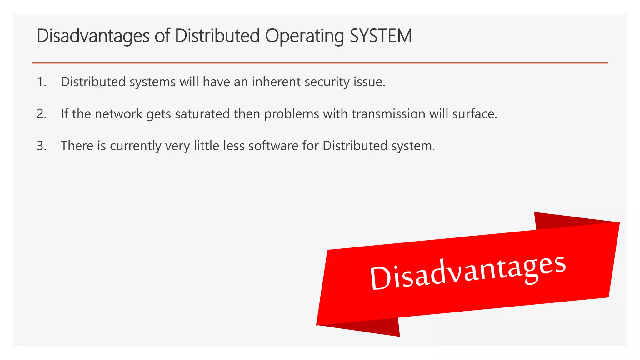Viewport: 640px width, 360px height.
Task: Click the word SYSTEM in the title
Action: [x=381, y=36]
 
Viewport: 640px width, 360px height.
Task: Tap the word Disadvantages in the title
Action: [x=93, y=36]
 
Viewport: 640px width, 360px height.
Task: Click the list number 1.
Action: [x=41, y=82]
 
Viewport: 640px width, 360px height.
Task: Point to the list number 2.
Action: [x=41, y=114]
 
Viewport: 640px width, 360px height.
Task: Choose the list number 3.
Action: [x=41, y=146]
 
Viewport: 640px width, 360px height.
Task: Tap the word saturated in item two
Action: [x=202, y=114]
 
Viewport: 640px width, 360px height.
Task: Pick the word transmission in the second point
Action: [x=388, y=114]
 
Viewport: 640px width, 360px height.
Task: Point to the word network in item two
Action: [x=118, y=114]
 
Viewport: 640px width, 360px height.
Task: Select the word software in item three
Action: [x=273, y=146]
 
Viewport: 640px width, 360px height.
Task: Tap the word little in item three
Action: [x=206, y=146]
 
